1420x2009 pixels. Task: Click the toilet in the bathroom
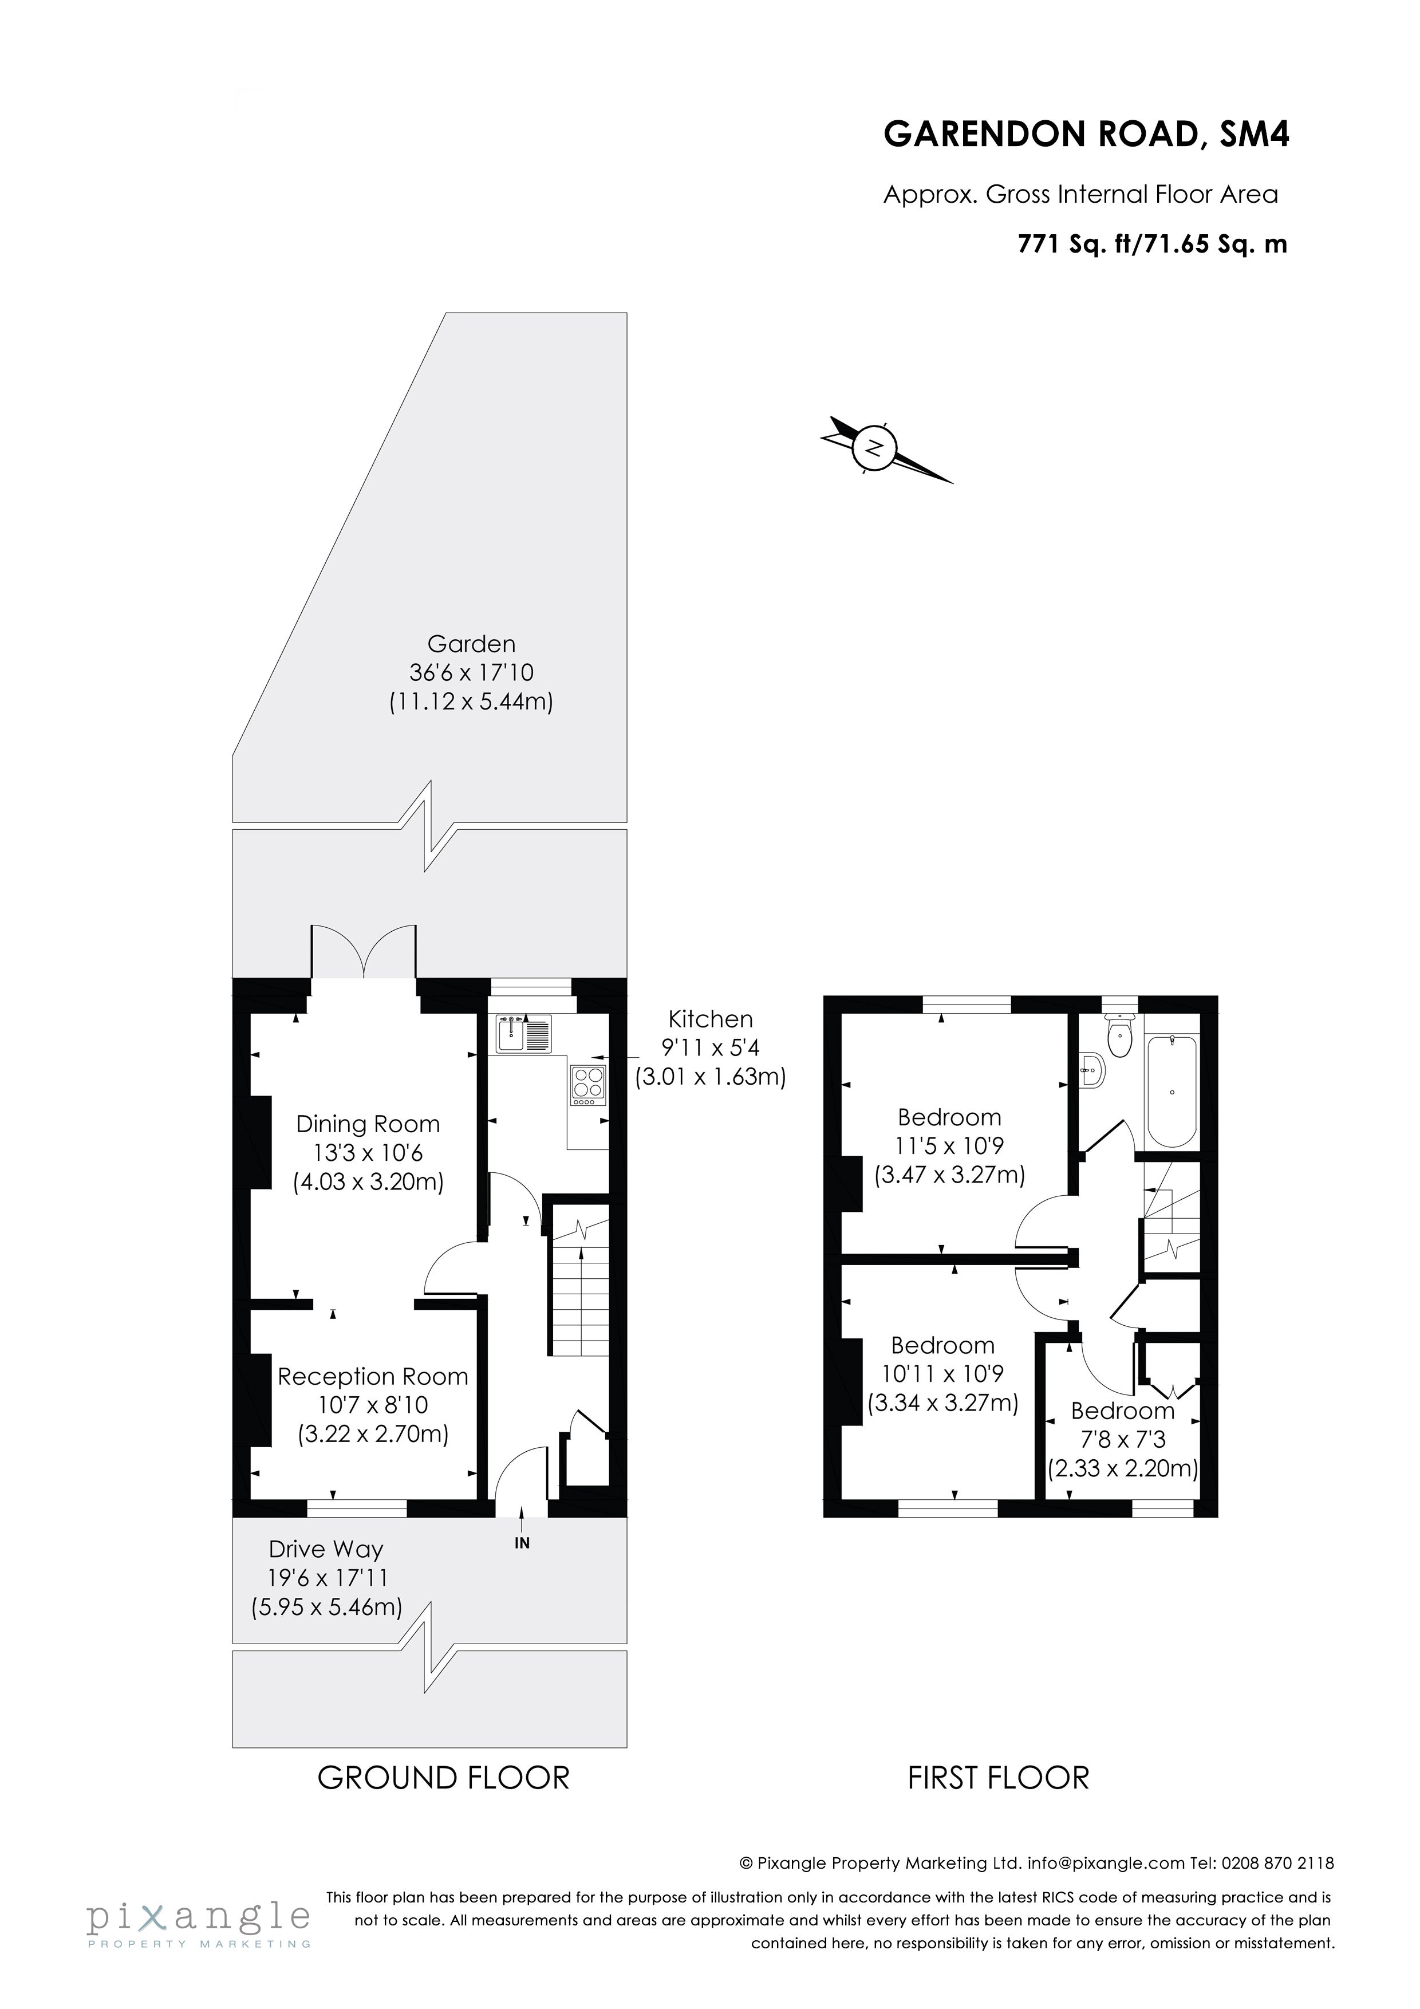pyautogui.click(x=1120, y=1036)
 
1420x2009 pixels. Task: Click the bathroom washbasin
pyautogui.click(x=1092, y=1069)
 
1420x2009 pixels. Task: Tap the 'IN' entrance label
pyautogui.click(x=522, y=1543)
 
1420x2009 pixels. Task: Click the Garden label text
pyautogui.click(x=472, y=644)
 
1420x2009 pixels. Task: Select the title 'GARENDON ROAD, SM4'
pyautogui.click(x=1086, y=135)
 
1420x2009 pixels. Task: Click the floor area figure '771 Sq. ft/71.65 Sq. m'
pyautogui.click(x=1152, y=244)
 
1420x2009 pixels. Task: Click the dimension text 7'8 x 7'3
pyautogui.click(x=1122, y=1439)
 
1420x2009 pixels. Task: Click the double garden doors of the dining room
pyautogui.click(x=363, y=951)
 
